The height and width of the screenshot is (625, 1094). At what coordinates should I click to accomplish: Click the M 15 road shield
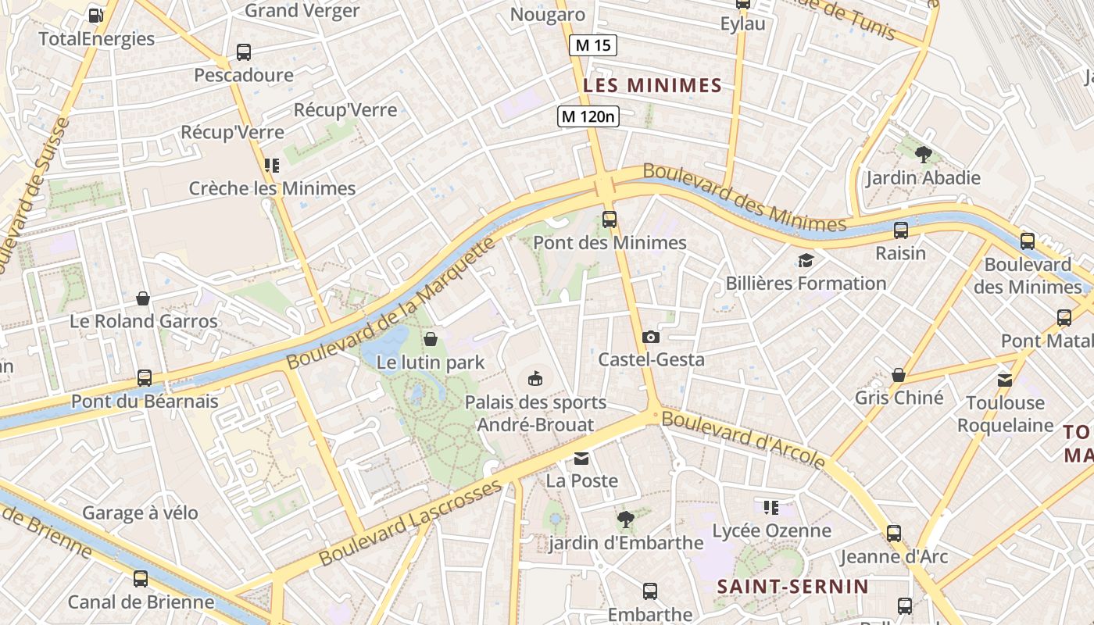pyautogui.click(x=592, y=45)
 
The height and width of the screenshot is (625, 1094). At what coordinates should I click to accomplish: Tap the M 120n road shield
pyautogui.click(x=588, y=116)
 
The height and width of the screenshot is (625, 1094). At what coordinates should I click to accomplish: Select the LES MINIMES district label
pyautogui.click(x=652, y=85)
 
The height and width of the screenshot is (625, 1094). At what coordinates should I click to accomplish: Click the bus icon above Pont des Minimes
pyautogui.click(x=610, y=220)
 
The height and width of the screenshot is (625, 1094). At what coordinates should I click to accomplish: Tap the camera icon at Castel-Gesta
pyautogui.click(x=650, y=337)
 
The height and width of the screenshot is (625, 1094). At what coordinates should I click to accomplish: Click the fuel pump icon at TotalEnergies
pyautogui.click(x=96, y=15)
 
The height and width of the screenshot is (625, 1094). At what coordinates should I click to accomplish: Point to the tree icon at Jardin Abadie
pyautogui.click(x=923, y=154)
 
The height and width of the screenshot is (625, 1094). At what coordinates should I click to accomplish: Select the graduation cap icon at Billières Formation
pyautogui.click(x=806, y=260)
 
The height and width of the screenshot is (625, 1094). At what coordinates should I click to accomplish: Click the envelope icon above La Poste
pyautogui.click(x=581, y=458)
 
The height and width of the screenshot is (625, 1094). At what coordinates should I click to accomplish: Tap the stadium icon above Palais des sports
pyautogui.click(x=535, y=379)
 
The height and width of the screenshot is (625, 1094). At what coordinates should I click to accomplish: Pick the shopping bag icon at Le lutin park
pyautogui.click(x=430, y=339)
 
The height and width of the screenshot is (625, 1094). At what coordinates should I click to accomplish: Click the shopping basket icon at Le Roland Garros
pyautogui.click(x=143, y=298)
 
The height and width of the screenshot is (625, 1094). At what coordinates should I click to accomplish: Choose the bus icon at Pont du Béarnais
pyautogui.click(x=145, y=378)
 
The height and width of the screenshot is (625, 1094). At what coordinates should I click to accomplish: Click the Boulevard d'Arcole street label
pyautogui.click(x=743, y=440)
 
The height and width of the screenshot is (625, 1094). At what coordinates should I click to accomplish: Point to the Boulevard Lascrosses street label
pyautogui.click(x=410, y=523)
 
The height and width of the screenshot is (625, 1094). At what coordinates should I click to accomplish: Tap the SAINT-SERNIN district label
pyautogui.click(x=792, y=586)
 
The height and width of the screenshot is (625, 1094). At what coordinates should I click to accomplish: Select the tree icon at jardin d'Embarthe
pyautogui.click(x=625, y=519)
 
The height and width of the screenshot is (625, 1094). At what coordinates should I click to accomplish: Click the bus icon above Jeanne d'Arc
pyautogui.click(x=893, y=534)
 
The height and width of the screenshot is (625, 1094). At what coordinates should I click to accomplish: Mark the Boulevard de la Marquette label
pyautogui.click(x=391, y=305)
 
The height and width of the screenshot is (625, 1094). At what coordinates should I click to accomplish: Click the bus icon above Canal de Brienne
pyautogui.click(x=141, y=579)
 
